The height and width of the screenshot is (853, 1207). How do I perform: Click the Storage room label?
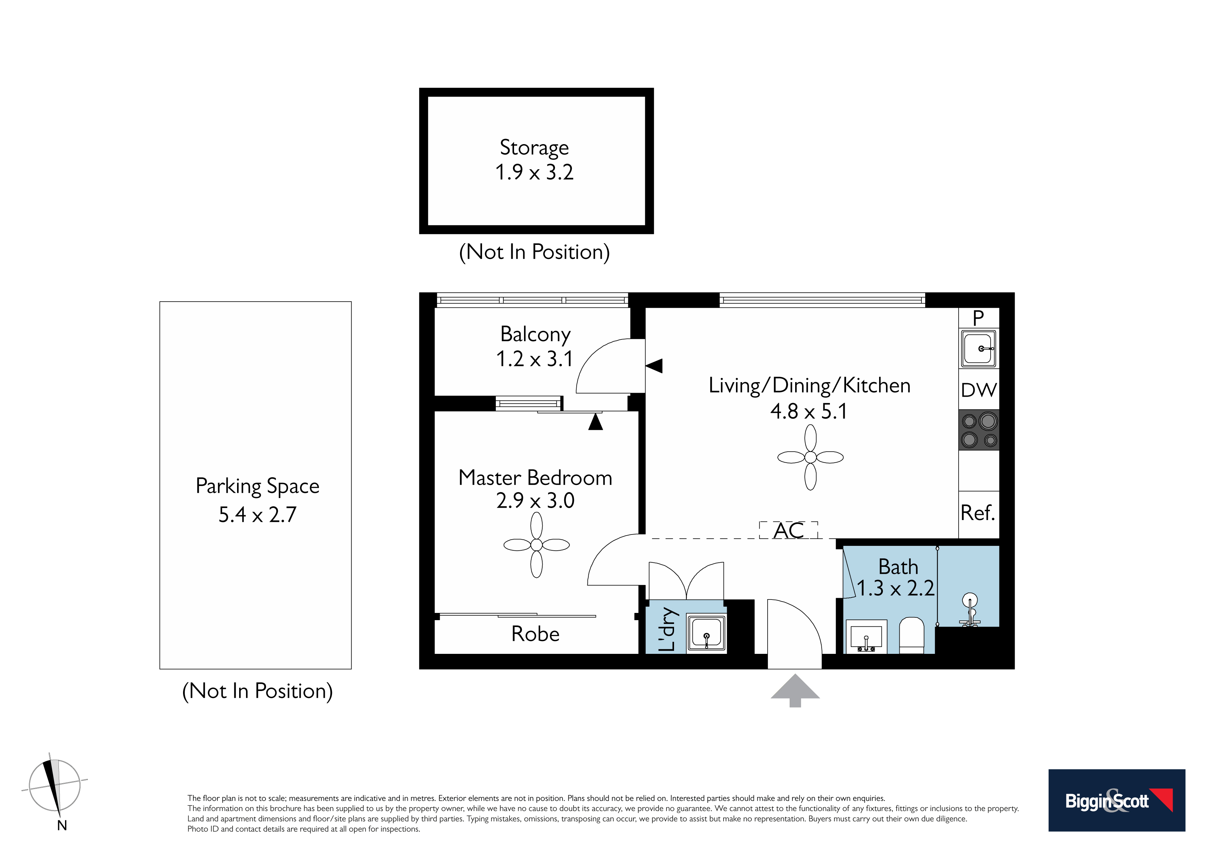(x=534, y=148)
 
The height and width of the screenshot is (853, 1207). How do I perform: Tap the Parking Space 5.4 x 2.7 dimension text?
(x=258, y=515)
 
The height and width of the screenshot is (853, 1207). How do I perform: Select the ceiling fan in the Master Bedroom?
(x=536, y=545)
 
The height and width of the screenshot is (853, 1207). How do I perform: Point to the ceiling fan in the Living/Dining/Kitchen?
(x=810, y=457)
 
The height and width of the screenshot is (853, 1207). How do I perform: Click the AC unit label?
(x=789, y=530)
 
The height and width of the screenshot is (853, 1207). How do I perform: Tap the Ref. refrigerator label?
(x=978, y=512)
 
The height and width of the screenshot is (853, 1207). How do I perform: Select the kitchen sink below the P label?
(x=978, y=348)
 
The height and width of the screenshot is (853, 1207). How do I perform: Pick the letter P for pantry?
(x=978, y=318)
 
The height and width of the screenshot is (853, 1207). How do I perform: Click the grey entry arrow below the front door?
(x=795, y=690)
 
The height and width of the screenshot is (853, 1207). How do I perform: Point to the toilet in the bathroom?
(x=911, y=635)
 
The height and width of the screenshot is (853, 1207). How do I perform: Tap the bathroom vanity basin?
(x=866, y=636)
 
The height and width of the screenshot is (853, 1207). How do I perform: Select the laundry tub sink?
(x=706, y=633)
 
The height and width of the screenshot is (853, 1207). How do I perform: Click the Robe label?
(x=535, y=634)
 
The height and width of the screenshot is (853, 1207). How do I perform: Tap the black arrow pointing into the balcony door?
(x=654, y=366)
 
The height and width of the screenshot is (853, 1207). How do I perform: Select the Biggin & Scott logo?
(x=1117, y=800)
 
